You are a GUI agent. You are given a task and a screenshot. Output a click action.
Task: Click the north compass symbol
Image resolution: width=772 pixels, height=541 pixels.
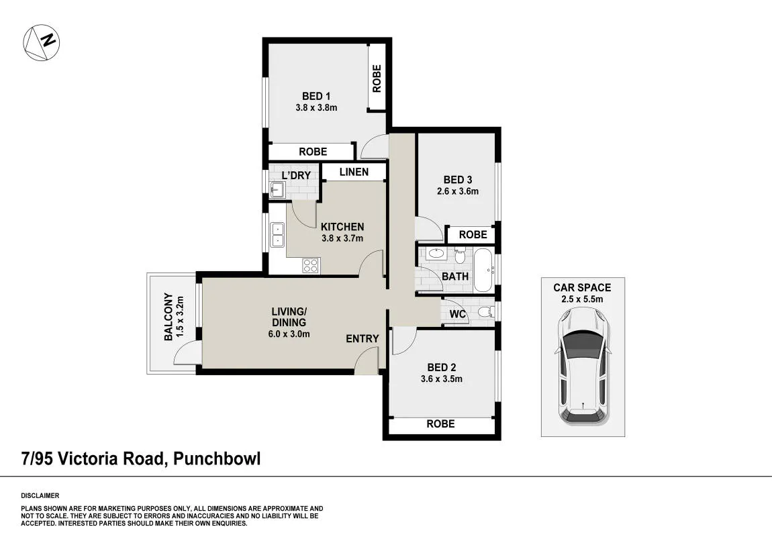tap(42, 43)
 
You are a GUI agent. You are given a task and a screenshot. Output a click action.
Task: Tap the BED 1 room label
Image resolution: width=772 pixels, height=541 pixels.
tap(316, 96)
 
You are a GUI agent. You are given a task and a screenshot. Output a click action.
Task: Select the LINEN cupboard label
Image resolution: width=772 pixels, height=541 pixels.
tap(354, 172)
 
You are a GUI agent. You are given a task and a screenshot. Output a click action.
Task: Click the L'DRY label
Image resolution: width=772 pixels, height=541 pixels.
tap(296, 175)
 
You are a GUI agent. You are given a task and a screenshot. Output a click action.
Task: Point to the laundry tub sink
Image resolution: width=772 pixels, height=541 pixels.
tap(278, 189)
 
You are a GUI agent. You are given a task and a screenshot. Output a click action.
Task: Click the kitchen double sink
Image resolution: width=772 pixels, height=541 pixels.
tap(278, 234)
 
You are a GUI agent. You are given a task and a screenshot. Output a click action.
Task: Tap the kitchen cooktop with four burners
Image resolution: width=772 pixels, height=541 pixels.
tap(311, 265)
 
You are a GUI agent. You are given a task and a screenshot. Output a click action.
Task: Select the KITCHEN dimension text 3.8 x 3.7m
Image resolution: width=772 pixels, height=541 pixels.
tap(342, 238)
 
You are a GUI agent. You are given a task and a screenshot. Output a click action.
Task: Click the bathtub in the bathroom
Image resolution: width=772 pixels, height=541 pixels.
tap(484, 270)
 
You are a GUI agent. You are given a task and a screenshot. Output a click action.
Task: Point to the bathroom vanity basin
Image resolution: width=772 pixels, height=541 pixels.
tap(436, 254)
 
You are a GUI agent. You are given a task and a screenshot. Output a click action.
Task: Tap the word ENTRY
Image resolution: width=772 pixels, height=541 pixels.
tap(363, 339)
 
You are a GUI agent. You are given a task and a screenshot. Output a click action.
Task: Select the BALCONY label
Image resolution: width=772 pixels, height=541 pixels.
tap(168, 317)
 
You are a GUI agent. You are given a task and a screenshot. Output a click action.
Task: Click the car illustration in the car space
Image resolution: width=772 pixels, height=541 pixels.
tap(583, 366)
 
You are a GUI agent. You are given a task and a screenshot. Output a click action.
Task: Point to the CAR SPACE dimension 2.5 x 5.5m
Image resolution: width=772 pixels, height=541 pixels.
tap(582, 299)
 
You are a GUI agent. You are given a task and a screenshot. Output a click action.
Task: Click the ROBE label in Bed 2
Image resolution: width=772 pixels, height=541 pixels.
tap(440, 424)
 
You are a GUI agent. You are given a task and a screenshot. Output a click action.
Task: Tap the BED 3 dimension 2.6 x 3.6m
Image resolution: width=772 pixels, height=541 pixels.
tap(458, 191)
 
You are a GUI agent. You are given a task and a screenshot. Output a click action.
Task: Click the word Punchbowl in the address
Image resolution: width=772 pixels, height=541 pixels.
tap(217, 459)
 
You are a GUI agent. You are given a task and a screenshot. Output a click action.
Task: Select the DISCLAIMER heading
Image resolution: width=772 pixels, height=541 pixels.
tap(40, 496)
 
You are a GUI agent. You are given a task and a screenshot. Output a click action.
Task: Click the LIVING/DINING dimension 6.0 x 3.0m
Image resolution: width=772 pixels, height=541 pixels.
tap(289, 334)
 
